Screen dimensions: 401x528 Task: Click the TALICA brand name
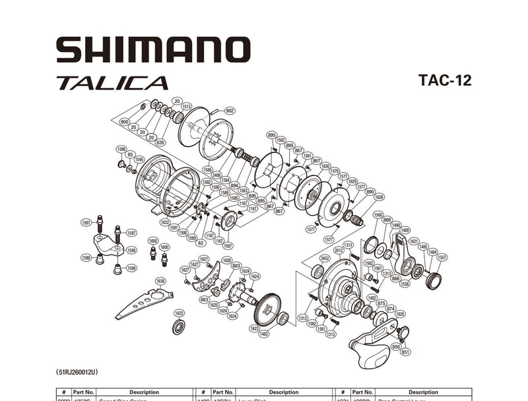coord(112,84)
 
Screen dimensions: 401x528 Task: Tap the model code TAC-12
coord(445,80)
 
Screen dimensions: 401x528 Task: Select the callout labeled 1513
coord(187,106)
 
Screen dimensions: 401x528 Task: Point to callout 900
coord(124,122)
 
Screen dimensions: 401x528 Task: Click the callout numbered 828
coord(160,142)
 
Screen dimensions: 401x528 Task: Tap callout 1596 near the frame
coord(121,149)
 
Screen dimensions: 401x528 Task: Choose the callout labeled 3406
coord(216,175)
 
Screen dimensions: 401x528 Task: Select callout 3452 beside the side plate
coord(325,258)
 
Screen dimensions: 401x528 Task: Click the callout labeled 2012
coord(339,251)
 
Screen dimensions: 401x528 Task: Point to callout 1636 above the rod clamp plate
coord(160,281)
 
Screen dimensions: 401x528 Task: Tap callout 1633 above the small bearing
coord(179,313)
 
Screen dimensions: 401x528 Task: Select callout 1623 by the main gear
coord(255,327)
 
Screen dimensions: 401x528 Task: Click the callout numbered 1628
coord(379,197)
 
